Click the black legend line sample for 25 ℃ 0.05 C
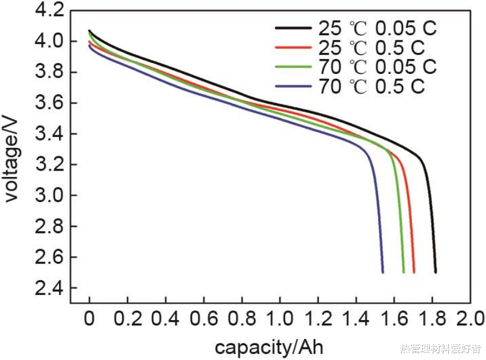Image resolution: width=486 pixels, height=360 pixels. click(x=293, y=27)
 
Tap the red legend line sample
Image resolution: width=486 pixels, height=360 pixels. click(x=293, y=47)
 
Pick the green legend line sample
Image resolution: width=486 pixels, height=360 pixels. click(x=293, y=67)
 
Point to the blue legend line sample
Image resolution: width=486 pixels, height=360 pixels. click(x=293, y=86)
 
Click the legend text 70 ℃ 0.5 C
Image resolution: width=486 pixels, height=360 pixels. click(x=371, y=86)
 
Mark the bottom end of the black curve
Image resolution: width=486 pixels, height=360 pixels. click(x=436, y=272)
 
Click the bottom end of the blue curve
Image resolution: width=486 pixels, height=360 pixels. click(x=383, y=272)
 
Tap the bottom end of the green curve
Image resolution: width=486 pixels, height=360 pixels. click(x=404, y=272)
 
